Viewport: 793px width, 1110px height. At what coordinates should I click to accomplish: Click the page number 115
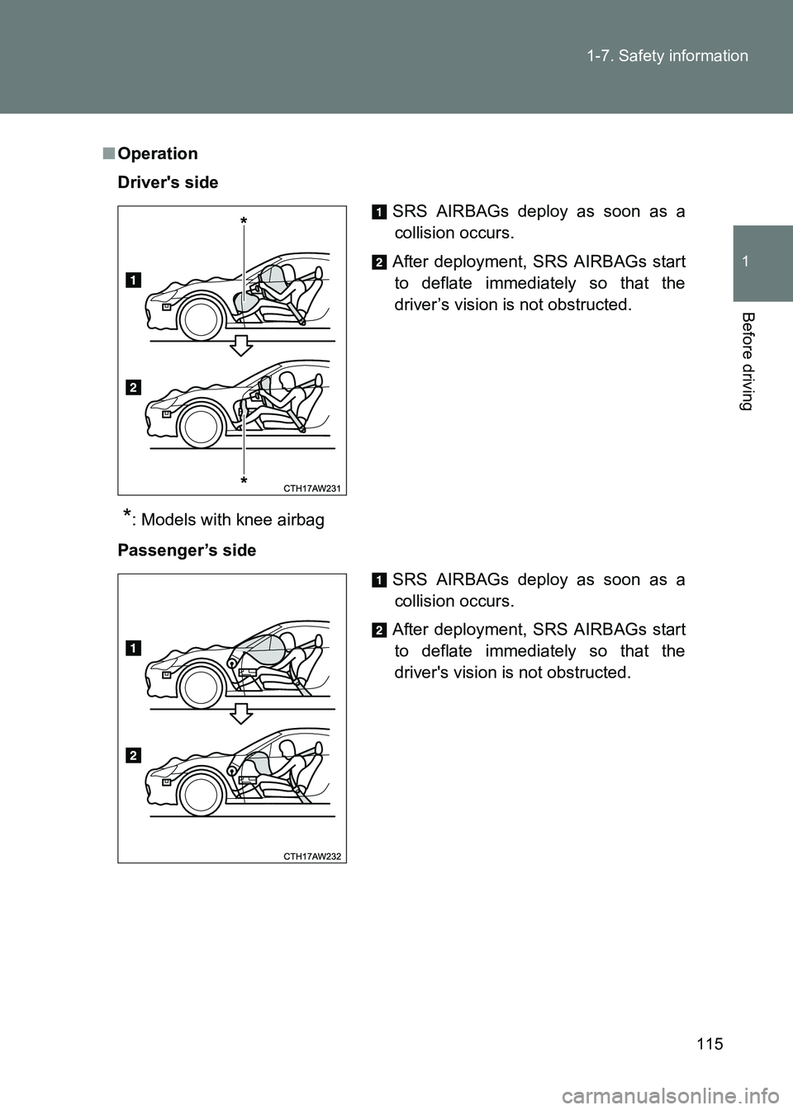[x=709, y=1043]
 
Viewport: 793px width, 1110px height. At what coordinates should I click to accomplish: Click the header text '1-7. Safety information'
[x=667, y=56]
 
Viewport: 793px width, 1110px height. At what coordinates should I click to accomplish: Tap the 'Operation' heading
[x=157, y=154]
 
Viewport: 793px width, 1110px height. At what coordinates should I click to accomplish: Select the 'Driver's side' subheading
[x=168, y=182]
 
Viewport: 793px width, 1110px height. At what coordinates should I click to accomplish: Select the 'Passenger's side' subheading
[x=187, y=550]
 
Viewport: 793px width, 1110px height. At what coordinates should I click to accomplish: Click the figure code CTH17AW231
[x=311, y=489]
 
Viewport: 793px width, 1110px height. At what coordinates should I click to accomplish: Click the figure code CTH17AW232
[x=311, y=857]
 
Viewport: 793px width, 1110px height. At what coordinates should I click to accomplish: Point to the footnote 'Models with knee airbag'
[x=232, y=520]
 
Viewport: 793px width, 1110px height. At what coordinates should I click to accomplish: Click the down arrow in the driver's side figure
[x=240, y=344]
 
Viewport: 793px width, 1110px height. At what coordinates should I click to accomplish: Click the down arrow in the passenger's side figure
[x=240, y=712]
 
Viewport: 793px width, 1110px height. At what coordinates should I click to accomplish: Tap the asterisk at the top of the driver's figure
[x=245, y=222]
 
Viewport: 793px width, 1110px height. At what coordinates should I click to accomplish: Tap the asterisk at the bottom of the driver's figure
[x=245, y=479]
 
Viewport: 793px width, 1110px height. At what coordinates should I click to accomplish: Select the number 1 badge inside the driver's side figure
[x=133, y=280]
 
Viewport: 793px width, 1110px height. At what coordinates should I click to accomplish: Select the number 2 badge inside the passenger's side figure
[x=133, y=755]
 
